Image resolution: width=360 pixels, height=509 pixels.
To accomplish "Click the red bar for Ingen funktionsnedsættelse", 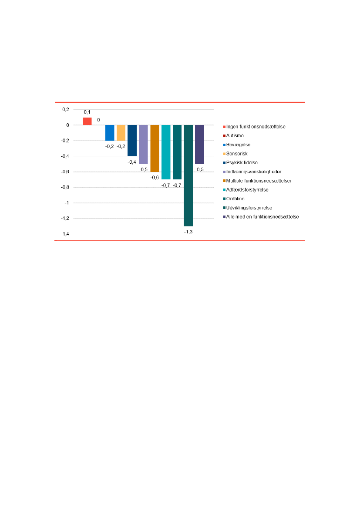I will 87,121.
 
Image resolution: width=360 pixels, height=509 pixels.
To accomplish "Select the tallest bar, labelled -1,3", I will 188,175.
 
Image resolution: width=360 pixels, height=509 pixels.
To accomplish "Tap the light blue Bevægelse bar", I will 110,133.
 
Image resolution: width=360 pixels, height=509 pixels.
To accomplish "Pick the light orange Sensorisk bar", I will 121,133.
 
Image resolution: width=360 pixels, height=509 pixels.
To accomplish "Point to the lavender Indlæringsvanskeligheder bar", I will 143,144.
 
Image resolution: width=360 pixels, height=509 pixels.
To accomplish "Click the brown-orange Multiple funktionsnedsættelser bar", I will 155,148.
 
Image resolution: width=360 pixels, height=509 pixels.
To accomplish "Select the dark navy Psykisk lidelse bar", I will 132,140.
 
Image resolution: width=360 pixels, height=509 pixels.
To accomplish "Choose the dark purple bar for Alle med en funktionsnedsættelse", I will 199,144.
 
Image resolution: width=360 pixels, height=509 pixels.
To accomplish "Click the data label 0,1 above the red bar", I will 87,112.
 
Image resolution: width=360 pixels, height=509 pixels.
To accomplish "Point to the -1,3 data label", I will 188,232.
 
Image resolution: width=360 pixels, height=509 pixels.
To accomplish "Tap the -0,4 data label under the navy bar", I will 132,162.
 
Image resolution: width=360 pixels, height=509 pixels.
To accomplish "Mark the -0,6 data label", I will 155,177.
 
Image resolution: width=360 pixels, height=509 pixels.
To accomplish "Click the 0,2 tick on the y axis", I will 65,110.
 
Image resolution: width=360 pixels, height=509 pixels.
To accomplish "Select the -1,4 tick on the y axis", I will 65,234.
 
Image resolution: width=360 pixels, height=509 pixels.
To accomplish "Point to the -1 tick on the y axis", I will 67,203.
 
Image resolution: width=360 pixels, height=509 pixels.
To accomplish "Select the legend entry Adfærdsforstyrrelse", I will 247,190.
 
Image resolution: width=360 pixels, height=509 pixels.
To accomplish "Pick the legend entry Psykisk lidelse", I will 242,162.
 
